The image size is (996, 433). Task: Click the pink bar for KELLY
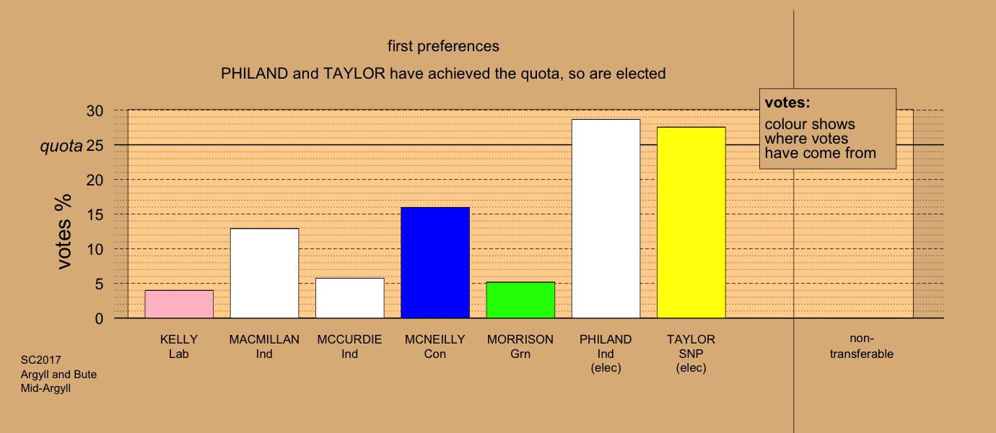pyautogui.click(x=179, y=304)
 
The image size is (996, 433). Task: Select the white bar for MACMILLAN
pyautogui.click(x=264, y=274)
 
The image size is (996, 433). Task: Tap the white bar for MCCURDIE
pyautogui.click(x=349, y=298)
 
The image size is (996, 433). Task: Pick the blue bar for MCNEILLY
pyautogui.click(x=435, y=263)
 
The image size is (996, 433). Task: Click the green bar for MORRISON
pyautogui.click(x=520, y=300)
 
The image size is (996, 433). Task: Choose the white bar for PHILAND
pyautogui.click(x=606, y=219)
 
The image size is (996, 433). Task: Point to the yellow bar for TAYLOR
pyautogui.click(x=691, y=223)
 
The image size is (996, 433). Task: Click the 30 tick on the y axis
pyautogui.click(x=95, y=110)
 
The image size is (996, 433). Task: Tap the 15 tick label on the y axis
pyautogui.click(x=95, y=215)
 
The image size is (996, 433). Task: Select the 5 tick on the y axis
pyautogui.click(x=99, y=284)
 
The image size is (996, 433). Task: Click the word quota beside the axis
pyautogui.click(x=61, y=146)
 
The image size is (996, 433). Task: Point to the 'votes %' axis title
pyautogui.click(x=64, y=231)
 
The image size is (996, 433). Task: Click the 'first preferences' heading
pyautogui.click(x=443, y=46)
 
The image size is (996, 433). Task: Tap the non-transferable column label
pyautogui.click(x=861, y=346)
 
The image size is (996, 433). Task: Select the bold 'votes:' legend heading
pyautogui.click(x=787, y=102)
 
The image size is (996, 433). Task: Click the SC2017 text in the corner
pyautogui.click(x=41, y=359)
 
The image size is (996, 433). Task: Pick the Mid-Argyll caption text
pyautogui.click(x=45, y=388)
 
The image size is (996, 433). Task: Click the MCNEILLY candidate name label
pyautogui.click(x=435, y=339)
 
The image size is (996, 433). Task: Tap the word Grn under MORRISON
pyautogui.click(x=520, y=354)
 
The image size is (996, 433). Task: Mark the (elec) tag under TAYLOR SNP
pyautogui.click(x=691, y=368)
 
